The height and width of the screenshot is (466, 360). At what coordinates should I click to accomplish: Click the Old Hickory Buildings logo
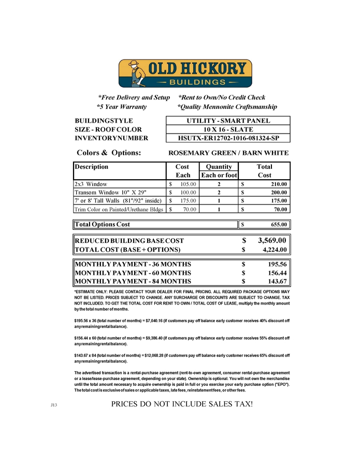click(185, 74)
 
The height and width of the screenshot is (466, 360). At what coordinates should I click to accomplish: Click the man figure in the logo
click(134, 73)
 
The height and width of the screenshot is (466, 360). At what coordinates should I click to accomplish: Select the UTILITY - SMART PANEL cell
click(228, 121)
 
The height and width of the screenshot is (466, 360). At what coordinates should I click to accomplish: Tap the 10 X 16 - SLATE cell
click(228, 129)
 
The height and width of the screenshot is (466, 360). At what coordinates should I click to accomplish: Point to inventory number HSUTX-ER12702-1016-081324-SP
click(228, 138)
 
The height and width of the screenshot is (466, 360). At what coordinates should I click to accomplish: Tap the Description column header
click(92, 167)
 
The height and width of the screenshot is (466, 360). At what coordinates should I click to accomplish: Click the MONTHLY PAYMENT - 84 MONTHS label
click(133, 282)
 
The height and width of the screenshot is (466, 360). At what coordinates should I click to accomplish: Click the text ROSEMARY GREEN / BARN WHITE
click(228, 153)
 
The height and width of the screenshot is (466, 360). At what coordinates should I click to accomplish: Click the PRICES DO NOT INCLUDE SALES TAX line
click(182, 403)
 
